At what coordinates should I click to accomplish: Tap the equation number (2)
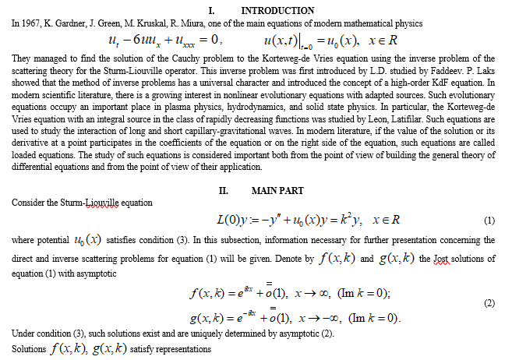coord(489,303)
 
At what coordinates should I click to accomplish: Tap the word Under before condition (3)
coord(23,333)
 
